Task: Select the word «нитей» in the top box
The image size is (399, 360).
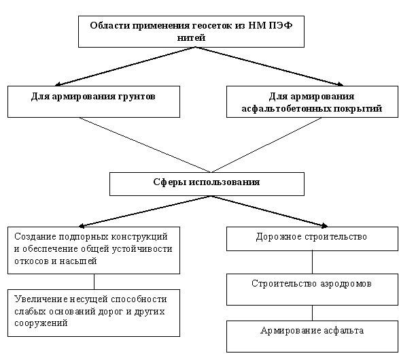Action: point(191,37)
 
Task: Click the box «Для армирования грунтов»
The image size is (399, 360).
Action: point(94,101)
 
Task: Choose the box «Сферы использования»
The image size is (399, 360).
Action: point(207,184)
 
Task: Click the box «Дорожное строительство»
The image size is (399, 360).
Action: point(312,239)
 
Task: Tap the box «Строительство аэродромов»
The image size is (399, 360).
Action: point(312,289)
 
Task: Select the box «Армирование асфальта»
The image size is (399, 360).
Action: point(312,336)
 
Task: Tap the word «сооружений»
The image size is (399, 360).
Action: point(41,323)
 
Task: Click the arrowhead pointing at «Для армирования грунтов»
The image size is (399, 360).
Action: point(58,84)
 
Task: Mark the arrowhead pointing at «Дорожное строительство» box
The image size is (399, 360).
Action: point(325,225)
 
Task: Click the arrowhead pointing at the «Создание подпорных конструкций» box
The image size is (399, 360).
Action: point(82,225)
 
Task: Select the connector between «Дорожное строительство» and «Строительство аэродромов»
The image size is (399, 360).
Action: point(312,263)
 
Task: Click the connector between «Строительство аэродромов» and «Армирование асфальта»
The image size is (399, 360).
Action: point(312,313)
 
